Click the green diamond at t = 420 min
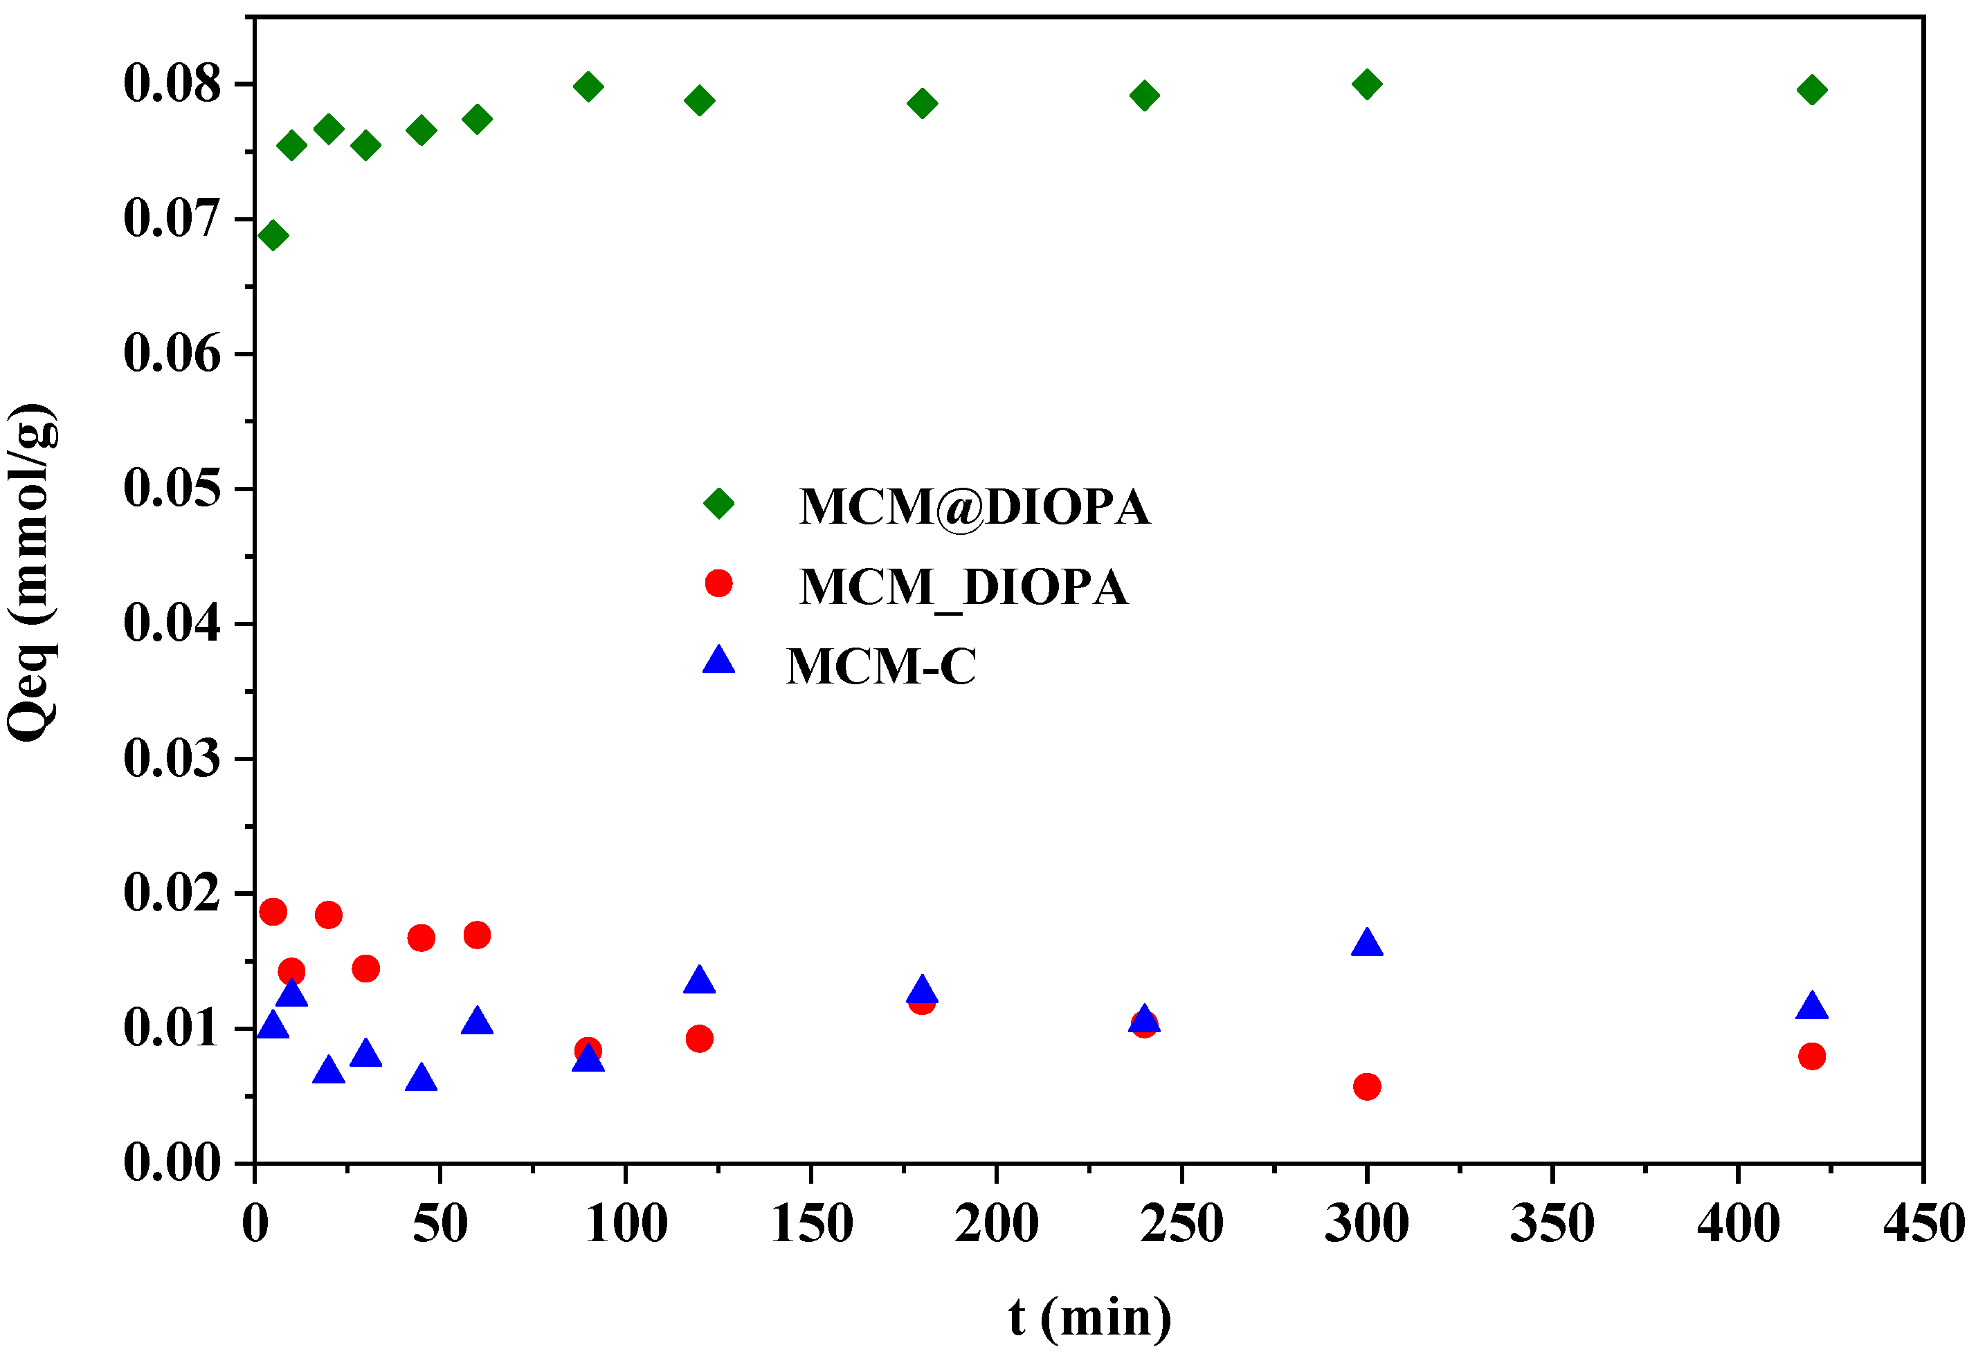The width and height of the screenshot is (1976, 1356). pyautogui.click(x=1812, y=89)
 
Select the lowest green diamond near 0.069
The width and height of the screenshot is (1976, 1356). pyautogui.click(x=273, y=235)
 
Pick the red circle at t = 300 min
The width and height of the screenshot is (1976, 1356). pyautogui.click(x=1366, y=1086)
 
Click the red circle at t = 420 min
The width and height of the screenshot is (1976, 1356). pyautogui.click(x=1812, y=1056)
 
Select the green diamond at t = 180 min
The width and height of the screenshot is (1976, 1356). pyautogui.click(x=922, y=104)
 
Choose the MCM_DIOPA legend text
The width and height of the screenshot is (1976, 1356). pyautogui.click(x=963, y=587)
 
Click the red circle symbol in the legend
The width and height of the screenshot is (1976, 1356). pyautogui.click(x=718, y=583)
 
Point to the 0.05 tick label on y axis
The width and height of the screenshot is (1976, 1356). pyautogui.click(x=172, y=489)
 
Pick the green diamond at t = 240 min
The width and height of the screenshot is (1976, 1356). pyautogui.click(x=1145, y=94)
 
